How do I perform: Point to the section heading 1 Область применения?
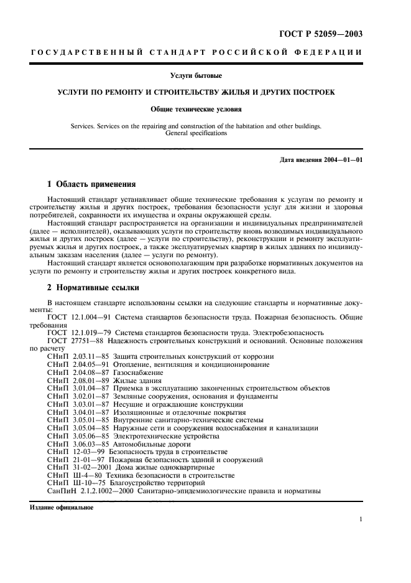coord(90,184)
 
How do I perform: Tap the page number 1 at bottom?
coord(361,519)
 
